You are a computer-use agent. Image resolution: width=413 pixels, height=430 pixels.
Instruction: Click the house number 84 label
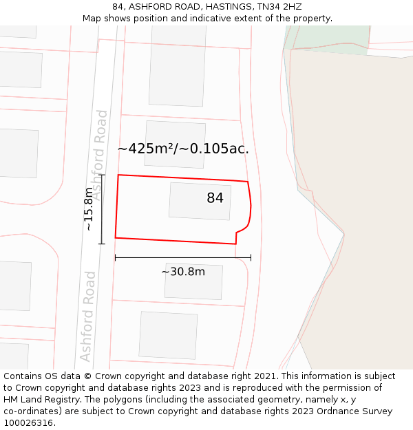pyautogui.click(x=215, y=198)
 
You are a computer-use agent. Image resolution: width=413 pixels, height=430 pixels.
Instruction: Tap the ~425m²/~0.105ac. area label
pyautogui.click(x=183, y=148)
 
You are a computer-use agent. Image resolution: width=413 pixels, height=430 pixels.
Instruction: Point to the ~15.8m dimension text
pyautogui.click(x=88, y=209)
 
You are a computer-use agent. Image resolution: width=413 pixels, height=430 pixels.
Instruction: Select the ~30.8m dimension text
pyautogui.click(x=183, y=272)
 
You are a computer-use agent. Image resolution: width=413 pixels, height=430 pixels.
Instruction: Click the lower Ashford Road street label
pyautogui.click(x=87, y=316)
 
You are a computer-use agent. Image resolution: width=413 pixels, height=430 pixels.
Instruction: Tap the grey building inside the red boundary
pyautogui.click(x=200, y=201)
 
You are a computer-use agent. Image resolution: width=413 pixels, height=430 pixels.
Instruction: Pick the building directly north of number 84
pyautogui.click(x=175, y=144)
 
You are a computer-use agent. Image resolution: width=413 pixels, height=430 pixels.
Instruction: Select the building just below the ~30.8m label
pyautogui.click(x=193, y=281)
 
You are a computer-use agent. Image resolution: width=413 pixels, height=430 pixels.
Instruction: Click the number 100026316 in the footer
pyautogui.click(x=28, y=423)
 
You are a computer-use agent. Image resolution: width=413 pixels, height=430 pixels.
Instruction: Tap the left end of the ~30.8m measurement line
pyautogui.click(x=115, y=257)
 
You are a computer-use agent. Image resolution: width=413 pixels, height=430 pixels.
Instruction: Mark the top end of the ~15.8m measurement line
pyautogui.click(x=102, y=175)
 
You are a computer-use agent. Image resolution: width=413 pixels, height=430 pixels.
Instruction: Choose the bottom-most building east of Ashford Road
pyautogui.click(x=168, y=335)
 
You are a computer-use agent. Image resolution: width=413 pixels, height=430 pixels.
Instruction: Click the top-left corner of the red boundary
pyautogui.click(x=118, y=175)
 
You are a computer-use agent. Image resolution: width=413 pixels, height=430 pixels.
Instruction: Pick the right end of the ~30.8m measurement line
pyautogui.click(x=251, y=257)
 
